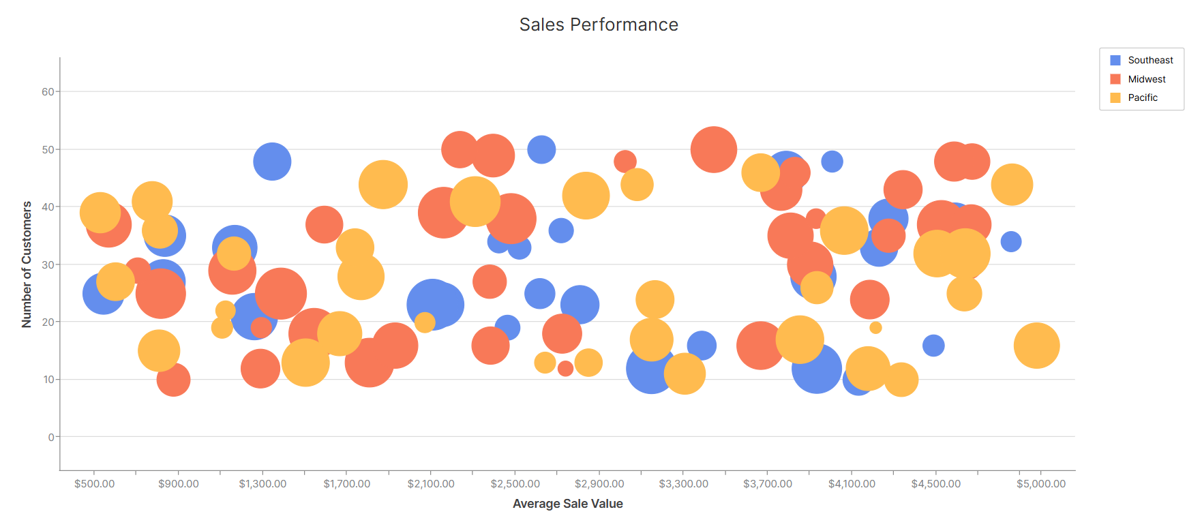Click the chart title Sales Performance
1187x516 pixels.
click(x=599, y=25)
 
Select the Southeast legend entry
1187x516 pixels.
click(x=1150, y=60)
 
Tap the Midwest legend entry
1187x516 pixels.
click(x=1146, y=79)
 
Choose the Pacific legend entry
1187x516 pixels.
click(x=1142, y=97)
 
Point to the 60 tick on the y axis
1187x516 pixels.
click(x=48, y=91)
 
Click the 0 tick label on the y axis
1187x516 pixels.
click(x=51, y=437)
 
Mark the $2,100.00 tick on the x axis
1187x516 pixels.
click(x=431, y=483)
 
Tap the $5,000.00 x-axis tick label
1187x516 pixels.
click(x=1040, y=483)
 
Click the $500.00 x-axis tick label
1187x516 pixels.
click(x=94, y=483)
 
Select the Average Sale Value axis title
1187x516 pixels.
click(x=567, y=504)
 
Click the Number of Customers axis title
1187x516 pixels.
click(x=27, y=264)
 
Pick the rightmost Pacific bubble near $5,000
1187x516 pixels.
click(x=1036, y=346)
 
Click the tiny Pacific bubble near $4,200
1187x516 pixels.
click(x=875, y=328)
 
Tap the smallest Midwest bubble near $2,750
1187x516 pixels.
click(x=565, y=369)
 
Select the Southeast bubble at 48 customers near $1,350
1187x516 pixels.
click(x=272, y=162)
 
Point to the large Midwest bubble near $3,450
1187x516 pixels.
click(x=714, y=149)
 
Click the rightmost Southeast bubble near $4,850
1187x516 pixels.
click(x=1011, y=241)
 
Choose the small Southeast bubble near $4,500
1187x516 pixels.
click(x=933, y=346)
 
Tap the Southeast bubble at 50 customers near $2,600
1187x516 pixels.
click(x=541, y=149)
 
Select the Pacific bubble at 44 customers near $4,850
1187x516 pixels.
click(x=1012, y=185)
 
